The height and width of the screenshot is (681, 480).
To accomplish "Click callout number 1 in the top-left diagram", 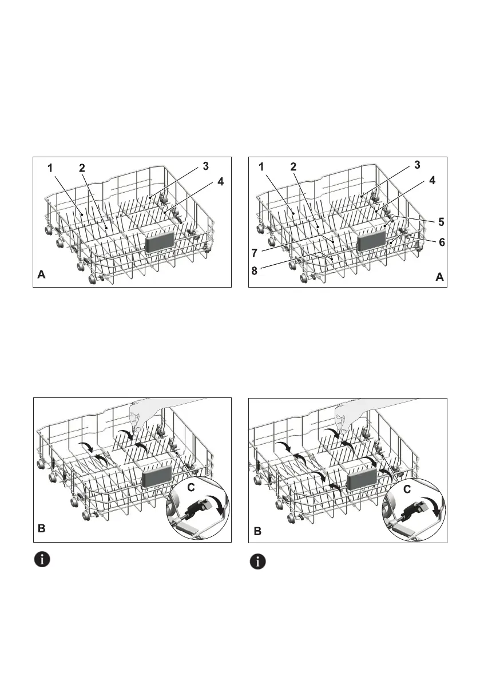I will pos(50,169).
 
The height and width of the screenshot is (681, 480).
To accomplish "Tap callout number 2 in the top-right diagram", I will pos(293,168).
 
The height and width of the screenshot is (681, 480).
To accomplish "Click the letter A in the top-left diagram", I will pos(41,275).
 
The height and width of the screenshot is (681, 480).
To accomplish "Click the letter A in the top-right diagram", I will pos(439,277).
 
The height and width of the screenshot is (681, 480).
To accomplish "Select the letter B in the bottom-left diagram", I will pos(41,530).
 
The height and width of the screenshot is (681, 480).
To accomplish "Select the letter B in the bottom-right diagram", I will pos(257,531).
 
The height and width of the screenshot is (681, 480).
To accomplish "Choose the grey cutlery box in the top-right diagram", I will pos(370,242).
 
